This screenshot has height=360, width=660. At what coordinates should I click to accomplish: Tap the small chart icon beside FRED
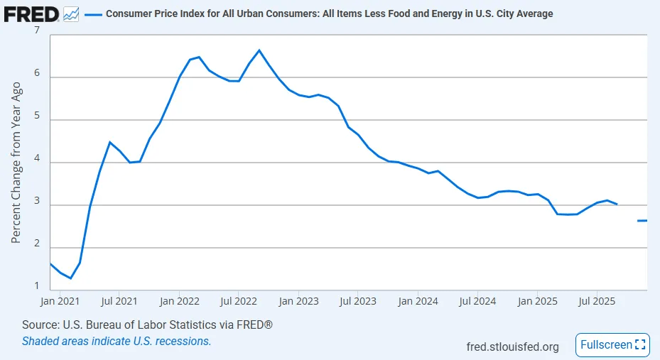[71, 13]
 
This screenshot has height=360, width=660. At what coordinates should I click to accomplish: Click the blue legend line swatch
[93, 13]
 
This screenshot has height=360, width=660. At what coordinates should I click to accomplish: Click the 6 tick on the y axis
[36, 76]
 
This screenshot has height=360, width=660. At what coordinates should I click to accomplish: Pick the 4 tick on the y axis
[36, 162]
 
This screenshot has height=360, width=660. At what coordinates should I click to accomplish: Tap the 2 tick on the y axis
[36, 247]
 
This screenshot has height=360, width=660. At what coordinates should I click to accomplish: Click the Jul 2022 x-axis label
[238, 300]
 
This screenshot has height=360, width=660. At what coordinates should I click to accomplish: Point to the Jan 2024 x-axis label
[417, 300]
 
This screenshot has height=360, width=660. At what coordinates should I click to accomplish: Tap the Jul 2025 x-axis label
[596, 300]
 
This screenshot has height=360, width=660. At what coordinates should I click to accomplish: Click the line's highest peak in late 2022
[259, 50]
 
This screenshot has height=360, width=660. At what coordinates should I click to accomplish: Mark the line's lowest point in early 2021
[70, 278]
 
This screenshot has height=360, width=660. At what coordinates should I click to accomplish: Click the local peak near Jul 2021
[109, 143]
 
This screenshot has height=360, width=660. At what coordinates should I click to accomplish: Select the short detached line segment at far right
[642, 221]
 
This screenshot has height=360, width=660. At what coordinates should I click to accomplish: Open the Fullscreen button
[612, 345]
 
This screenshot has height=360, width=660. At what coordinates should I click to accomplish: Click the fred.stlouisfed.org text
[512, 347]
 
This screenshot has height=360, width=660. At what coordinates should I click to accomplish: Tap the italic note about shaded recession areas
[117, 341]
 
